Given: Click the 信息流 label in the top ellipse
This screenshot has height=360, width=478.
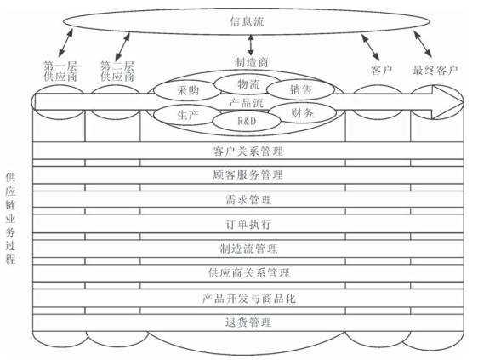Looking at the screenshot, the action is coord(247,22).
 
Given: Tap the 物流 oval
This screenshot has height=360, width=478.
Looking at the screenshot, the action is coord(248,84).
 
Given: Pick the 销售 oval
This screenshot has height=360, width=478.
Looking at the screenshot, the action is coord(301,89).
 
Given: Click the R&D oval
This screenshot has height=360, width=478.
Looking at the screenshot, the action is coord(247,121).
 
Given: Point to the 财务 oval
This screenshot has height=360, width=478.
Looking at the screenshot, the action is coord(301,113).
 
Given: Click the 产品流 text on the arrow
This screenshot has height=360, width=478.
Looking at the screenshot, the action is coord(247,103).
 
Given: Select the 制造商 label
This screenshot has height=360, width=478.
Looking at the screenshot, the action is coord(251,62).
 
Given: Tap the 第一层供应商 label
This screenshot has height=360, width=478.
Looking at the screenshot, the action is coord(60,71).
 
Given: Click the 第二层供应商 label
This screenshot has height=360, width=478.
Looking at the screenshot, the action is coord(117,71).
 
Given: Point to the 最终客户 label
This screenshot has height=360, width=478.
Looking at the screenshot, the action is coord(435,70).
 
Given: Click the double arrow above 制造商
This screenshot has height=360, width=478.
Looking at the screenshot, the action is coord(251,44).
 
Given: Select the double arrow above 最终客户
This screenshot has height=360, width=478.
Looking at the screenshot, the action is coord(423,44).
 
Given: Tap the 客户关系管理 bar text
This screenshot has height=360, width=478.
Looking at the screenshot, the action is coord(248,151).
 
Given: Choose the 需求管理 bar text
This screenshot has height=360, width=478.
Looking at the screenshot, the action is coord(248,200).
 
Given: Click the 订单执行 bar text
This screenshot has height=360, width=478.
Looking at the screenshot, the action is coord(248,225).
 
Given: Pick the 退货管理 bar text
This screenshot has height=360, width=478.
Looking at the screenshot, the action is coord(248,323).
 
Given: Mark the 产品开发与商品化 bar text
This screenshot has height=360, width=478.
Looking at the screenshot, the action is coord(248,299).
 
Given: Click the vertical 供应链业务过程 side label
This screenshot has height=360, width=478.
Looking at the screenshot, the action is coord(10,218).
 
